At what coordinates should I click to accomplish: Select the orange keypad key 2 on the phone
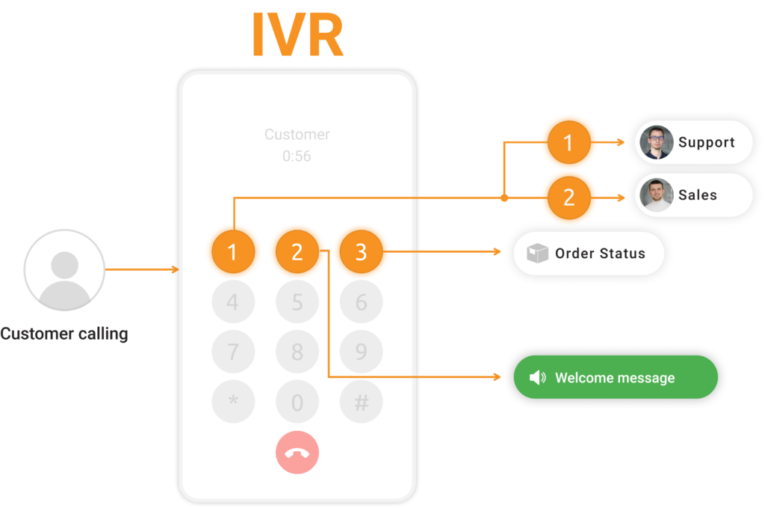297,252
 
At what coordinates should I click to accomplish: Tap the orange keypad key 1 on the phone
233,252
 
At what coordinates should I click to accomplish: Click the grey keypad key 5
297,302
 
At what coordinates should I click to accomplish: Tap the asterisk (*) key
233,403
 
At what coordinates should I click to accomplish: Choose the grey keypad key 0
297,403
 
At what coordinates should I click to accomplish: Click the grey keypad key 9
361,352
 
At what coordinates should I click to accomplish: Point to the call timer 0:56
297,156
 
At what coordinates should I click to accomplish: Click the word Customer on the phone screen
297,135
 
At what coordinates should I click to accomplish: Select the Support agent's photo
656,142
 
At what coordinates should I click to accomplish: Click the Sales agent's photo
656,195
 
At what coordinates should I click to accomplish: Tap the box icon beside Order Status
537,254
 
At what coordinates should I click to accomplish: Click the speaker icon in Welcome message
538,378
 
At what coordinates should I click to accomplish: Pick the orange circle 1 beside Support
569,142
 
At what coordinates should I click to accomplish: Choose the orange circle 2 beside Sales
569,197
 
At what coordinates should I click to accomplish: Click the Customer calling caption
64,334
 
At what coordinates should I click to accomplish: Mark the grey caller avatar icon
64,270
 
